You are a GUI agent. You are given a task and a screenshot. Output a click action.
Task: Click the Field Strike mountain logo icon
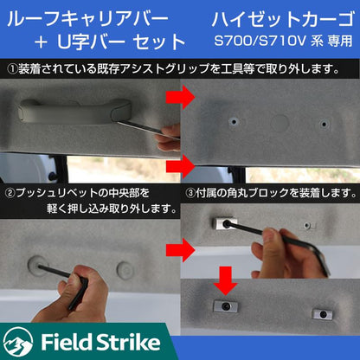(18, 343)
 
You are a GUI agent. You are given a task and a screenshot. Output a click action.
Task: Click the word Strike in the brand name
(127, 342)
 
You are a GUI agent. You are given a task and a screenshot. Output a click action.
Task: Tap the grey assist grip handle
(74, 111)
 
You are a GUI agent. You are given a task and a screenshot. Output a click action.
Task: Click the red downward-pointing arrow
(225, 280)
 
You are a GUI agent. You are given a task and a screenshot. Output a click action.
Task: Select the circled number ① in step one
(12, 69)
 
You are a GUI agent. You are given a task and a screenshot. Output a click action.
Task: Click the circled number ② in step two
(10, 193)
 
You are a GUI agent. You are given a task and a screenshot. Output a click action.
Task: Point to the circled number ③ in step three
(190, 193)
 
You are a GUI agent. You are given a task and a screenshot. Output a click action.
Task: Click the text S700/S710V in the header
(260, 41)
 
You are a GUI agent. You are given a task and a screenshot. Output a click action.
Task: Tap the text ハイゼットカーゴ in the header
(283, 19)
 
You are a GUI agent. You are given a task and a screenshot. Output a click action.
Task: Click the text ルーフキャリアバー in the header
(88, 19)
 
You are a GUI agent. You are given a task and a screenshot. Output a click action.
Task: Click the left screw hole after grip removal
(234, 122)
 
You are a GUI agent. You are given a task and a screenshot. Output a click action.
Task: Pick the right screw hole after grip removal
(325, 124)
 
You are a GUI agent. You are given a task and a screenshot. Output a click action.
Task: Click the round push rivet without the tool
(125, 270)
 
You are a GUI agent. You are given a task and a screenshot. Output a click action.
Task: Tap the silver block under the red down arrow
(225, 306)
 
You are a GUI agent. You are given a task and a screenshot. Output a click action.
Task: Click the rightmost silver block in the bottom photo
(322, 314)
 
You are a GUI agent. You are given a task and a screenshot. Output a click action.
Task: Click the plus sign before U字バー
(41, 42)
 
